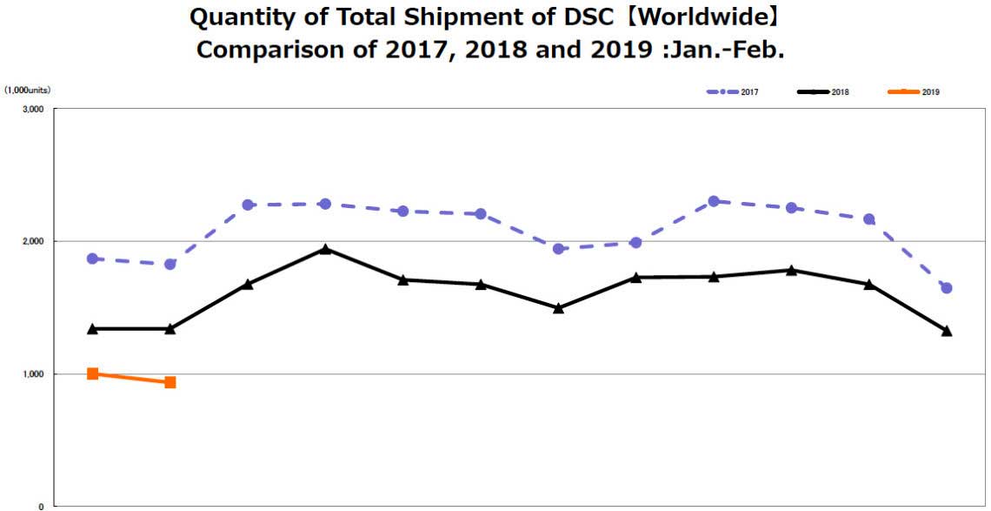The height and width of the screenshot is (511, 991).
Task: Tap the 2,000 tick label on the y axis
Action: [34, 241]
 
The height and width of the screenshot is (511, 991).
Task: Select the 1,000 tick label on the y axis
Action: [34, 374]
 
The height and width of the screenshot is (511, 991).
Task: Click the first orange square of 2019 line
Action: [92, 373]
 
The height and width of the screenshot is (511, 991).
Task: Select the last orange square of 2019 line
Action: [170, 382]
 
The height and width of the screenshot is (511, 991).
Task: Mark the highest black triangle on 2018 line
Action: [325, 250]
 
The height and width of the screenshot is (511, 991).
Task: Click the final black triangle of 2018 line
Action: [947, 331]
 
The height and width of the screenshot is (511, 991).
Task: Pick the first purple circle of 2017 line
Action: [92, 259]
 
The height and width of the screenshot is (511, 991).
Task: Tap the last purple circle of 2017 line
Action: [947, 288]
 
